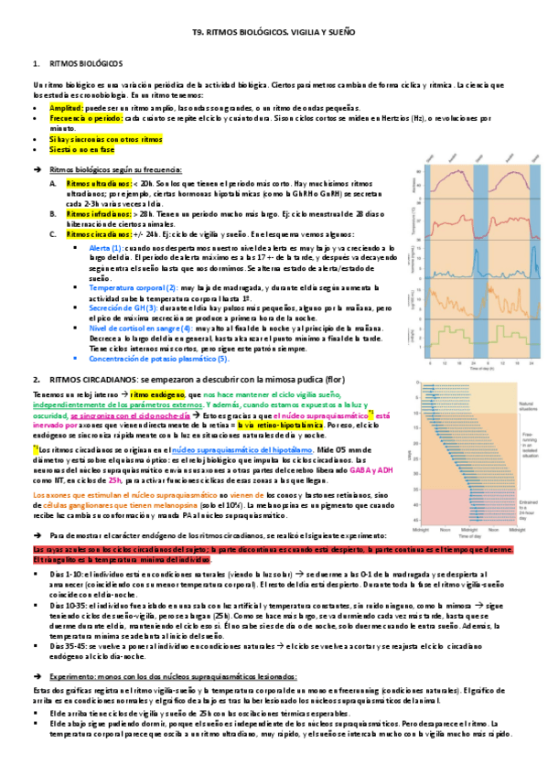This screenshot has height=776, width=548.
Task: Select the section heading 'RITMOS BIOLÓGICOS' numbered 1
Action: click(90, 65)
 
